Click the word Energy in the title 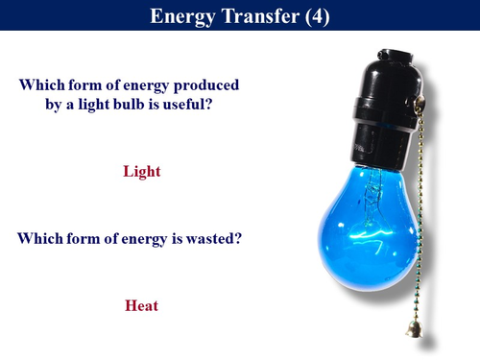[x=185, y=16]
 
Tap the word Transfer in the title [x=258, y=16]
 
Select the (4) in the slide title [x=316, y=16]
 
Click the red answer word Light [x=141, y=172]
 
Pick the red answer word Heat [x=141, y=306]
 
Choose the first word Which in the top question [x=41, y=84]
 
